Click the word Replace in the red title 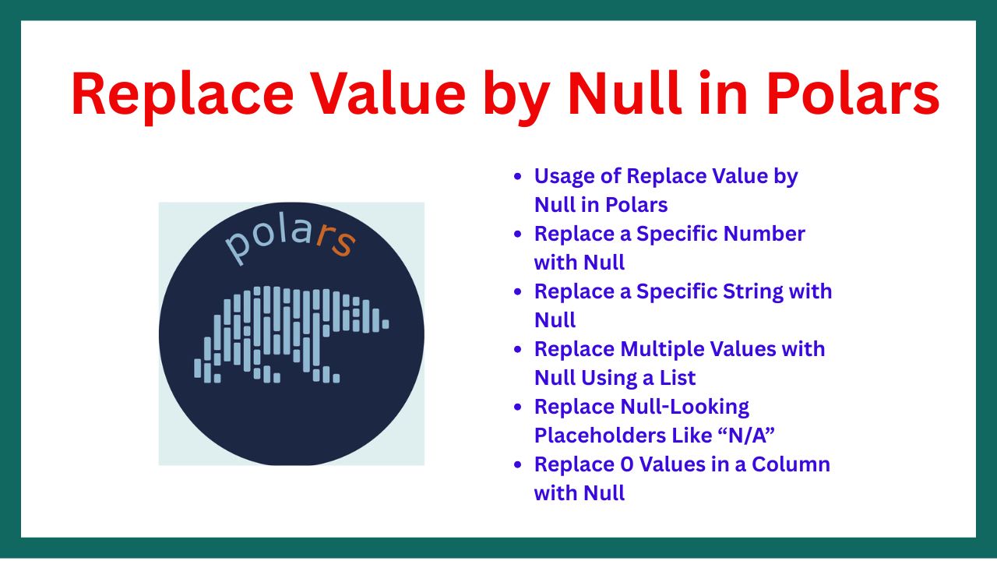coord(182,94)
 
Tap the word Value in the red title coord(389,93)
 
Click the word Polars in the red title coord(853,93)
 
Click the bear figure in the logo coord(291,334)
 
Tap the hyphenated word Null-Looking coord(685,408)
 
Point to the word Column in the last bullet coord(791,464)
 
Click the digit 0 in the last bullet coord(627,465)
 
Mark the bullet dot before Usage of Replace coord(517,176)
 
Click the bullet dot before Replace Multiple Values coord(517,350)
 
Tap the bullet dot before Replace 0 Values coord(517,465)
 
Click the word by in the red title coord(517,97)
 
